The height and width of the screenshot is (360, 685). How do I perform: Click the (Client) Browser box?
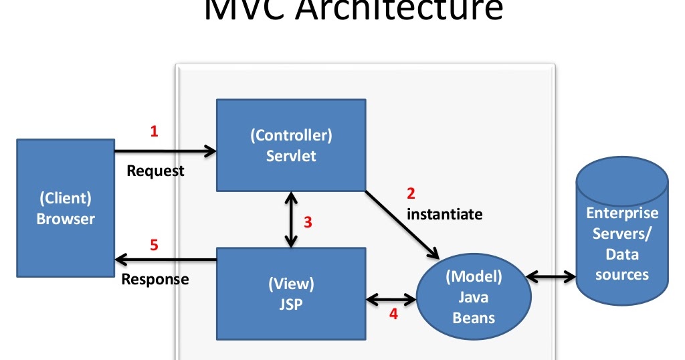click(x=66, y=208)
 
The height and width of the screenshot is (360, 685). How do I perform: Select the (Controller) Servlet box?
click(x=291, y=145)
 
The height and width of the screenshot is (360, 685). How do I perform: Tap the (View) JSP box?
click(x=291, y=292)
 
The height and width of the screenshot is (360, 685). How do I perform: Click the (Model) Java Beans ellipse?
click(x=474, y=296)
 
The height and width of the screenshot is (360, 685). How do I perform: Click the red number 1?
click(x=154, y=132)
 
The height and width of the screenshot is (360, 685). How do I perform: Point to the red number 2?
click(x=411, y=194)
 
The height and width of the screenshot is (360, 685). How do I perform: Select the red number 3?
click(x=308, y=223)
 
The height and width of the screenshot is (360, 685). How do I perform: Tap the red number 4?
click(x=393, y=313)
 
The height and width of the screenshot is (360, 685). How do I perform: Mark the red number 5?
click(x=154, y=245)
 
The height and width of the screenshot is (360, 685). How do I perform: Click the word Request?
click(x=155, y=171)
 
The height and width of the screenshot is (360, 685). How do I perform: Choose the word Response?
click(x=155, y=279)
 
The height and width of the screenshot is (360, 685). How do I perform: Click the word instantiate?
click(x=444, y=214)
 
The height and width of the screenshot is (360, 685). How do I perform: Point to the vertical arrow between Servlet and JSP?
click(x=291, y=219)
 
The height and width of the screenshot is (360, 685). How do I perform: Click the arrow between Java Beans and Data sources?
click(x=553, y=276)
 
